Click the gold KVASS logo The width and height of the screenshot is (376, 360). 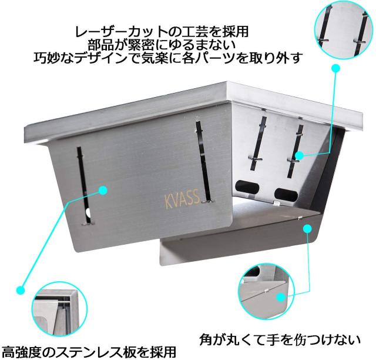click(182, 199)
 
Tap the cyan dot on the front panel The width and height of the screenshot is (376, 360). click(103, 190)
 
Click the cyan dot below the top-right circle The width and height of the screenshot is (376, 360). click(335, 68)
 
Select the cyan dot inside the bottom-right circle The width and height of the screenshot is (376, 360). click(281, 298)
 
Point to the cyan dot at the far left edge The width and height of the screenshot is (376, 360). click(21, 290)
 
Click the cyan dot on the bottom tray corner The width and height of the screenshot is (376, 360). click(307, 228)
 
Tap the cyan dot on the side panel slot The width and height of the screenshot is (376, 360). click(299, 156)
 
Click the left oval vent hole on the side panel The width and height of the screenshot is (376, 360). click(247, 186)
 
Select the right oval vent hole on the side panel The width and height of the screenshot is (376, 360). click(286, 194)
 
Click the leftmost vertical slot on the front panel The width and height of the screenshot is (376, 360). click(84, 185)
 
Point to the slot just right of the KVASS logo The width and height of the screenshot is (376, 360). click(204, 161)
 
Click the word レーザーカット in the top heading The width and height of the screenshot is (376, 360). click(117, 31)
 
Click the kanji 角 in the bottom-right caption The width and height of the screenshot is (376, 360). click(206, 340)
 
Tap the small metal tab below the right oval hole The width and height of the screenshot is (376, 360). click(276, 204)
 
